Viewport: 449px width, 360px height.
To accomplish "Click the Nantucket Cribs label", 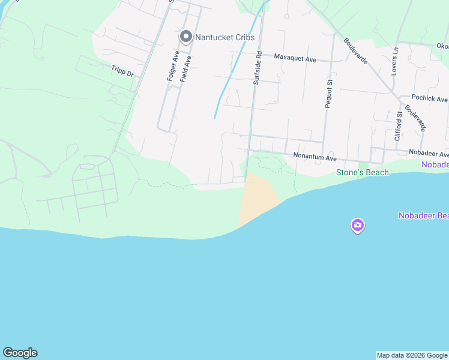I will (x=224, y=37).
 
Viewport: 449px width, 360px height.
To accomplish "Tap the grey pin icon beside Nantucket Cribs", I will (x=186, y=37).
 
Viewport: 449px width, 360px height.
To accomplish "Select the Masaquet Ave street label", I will (x=295, y=58).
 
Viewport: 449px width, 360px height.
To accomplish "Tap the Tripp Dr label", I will (x=122, y=70).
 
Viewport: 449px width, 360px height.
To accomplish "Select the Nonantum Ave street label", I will (x=315, y=157).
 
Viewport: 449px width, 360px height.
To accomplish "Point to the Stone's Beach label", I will (x=362, y=173).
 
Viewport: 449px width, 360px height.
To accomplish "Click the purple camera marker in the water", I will (x=358, y=226).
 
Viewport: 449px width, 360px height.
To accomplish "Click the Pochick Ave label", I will (x=429, y=98).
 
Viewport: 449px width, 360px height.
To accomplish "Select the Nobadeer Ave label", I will (x=429, y=154).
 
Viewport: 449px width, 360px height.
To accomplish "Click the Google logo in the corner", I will (x=20, y=353).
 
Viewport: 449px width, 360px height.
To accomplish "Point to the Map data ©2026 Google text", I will (x=412, y=355).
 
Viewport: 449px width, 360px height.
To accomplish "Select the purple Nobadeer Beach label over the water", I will (x=423, y=216).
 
